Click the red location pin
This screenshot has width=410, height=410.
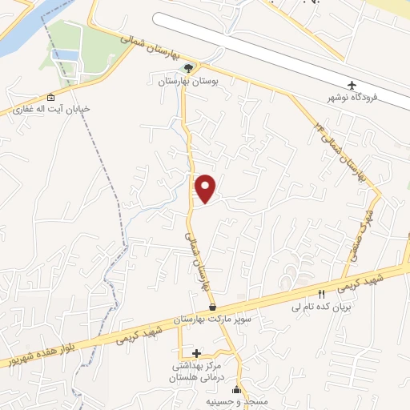click(x=207, y=187)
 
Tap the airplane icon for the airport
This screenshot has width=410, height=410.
click(x=352, y=84)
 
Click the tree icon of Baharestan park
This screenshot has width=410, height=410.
click(x=188, y=68)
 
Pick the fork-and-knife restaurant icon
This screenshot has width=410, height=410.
click(x=322, y=294)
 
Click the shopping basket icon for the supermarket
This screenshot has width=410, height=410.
click(x=212, y=307)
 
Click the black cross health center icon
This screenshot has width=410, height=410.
click(x=197, y=352)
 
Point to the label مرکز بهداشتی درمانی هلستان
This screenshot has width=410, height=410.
click(x=197, y=369)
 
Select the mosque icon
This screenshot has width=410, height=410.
click(x=235, y=391)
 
